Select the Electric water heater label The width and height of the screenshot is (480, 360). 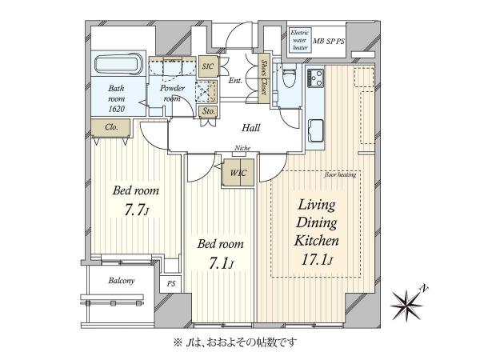point(301,39)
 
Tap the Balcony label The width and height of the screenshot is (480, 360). point(122,281)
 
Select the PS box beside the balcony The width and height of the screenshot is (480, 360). point(170,284)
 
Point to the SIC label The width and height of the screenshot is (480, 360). point(208,66)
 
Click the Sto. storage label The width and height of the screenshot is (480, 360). point(208,110)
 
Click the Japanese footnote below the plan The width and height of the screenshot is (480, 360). point(239,342)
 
